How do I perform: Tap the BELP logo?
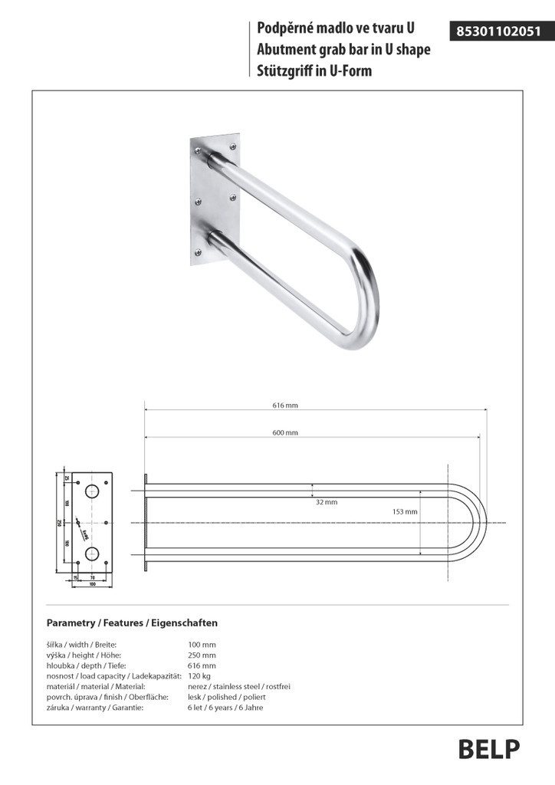[489, 749]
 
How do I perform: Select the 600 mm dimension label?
[285, 433]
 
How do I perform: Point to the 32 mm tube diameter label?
[326, 502]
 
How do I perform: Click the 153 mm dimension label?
[405, 511]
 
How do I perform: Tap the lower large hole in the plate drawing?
[92, 553]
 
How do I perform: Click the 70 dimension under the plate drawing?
[92, 576]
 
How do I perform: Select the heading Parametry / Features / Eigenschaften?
[132, 623]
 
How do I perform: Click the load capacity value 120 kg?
[199, 676]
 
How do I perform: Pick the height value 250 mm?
[202, 655]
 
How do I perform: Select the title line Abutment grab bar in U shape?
[344, 50]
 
